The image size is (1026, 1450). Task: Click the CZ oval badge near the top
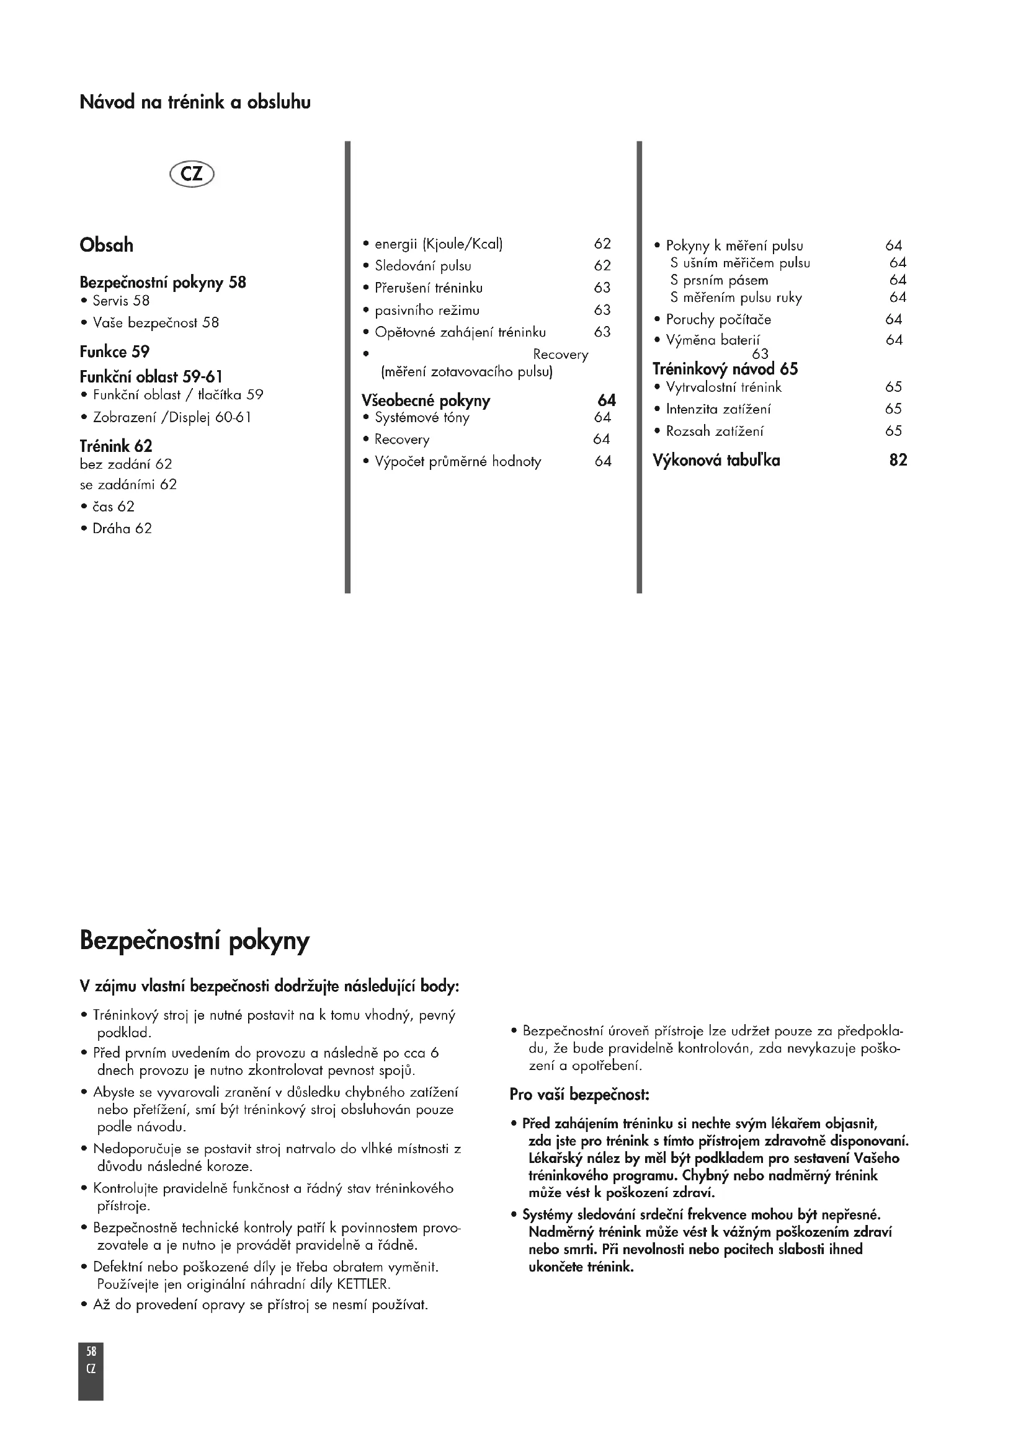[192, 173]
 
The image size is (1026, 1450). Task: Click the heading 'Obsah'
[106, 245]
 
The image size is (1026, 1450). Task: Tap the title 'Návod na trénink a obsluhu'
[195, 102]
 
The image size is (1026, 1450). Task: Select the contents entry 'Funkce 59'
[114, 351]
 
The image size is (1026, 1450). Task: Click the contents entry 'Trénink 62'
[115, 446]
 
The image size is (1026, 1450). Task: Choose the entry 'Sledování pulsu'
[422, 266]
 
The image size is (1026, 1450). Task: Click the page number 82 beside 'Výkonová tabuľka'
[898, 461]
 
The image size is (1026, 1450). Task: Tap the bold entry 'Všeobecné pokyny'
[426, 401]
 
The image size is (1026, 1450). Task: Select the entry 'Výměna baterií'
[713, 340]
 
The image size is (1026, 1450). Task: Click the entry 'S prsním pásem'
[719, 280]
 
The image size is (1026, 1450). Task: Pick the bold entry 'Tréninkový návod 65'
[725, 369]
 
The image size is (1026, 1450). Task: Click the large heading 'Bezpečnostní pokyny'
[195, 942]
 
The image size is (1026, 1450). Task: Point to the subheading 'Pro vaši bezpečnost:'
[579, 1094]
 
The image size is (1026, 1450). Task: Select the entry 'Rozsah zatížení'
[715, 431]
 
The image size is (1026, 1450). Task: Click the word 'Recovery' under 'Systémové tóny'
[402, 440]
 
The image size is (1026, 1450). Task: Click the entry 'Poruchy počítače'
[718, 319]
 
